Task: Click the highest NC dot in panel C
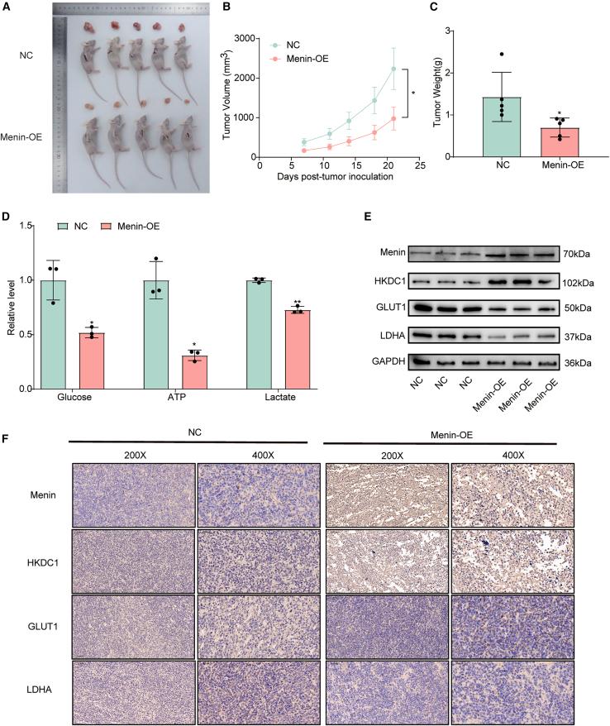tap(501, 55)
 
